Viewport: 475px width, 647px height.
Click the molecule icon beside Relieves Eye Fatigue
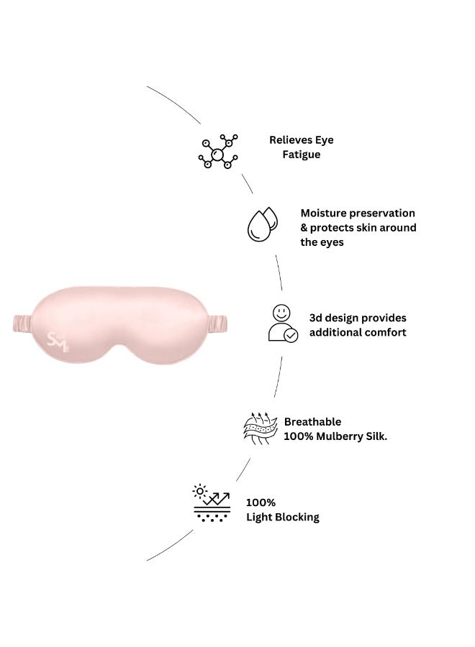pos(217,151)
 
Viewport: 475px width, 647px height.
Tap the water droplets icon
pos(262,224)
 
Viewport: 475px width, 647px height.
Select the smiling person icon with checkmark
pos(283,323)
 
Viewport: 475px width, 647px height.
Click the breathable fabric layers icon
pos(260,428)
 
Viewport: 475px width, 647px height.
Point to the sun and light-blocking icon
pos(212,503)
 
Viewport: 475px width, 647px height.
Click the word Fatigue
pos(301,155)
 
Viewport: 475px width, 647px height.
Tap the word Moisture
pos(322,213)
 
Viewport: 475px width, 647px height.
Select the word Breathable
pos(312,422)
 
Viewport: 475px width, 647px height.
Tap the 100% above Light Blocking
pos(261,503)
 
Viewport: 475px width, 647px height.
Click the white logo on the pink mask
pos(58,341)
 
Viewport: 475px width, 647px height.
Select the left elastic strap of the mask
pos(23,323)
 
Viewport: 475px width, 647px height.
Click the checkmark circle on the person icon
pos(291,336)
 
